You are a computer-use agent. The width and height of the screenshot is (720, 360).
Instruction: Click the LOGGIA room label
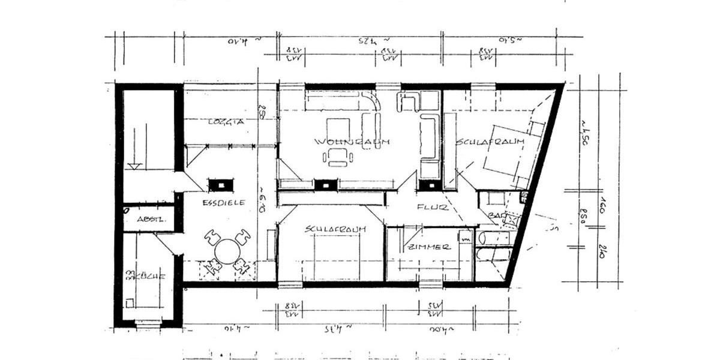pyautogui.click(x=226, y=121)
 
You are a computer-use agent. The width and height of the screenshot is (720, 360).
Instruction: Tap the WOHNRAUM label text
pyautogui.click(x=352, y=142)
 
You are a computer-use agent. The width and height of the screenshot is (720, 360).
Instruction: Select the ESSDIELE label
pyautogui.click(x=223, y=203)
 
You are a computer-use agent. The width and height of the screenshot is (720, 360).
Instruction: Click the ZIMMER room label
pyautogui.click(x=428, y=247)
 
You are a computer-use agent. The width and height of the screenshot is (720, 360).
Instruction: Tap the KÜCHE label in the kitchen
pyautogui.click(x=145, y=277)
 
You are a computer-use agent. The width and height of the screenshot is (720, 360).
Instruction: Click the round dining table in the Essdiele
pyautogui.click(x=227, y=251)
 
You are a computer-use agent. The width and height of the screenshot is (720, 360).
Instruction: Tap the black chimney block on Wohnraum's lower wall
pyautogui.click(x=328, y=185)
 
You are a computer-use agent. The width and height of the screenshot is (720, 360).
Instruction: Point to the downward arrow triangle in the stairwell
pyautogui.click(x=135, y=166)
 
